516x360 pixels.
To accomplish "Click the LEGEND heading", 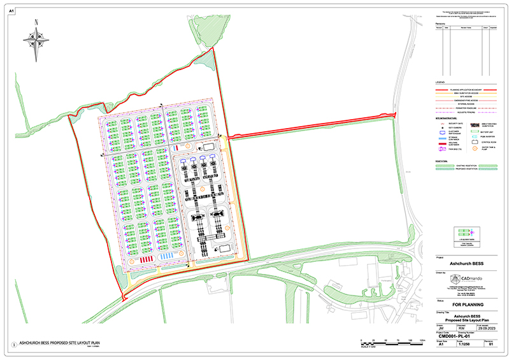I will [x=440, y=83].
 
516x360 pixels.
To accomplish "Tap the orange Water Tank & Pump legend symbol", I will [x=473, y=148].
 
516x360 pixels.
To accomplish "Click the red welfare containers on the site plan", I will [x=147, y=260].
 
